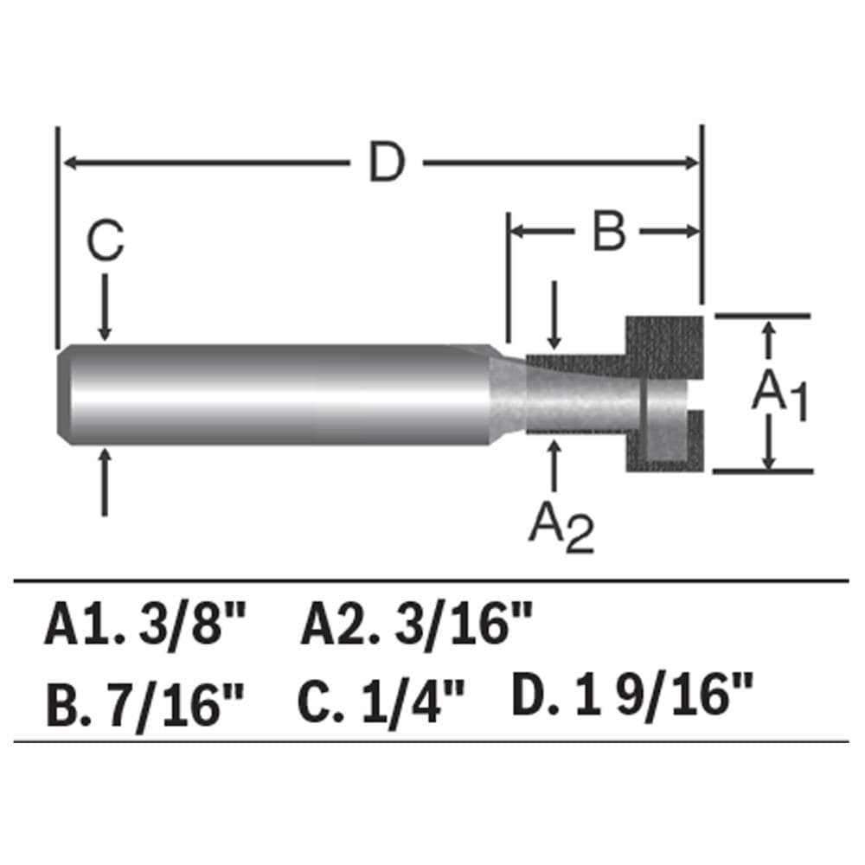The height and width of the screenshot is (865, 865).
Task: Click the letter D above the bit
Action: (386, 163)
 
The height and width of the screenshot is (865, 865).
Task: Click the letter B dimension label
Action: (608, 231)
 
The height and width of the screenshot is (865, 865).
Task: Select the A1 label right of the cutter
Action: (778, 394)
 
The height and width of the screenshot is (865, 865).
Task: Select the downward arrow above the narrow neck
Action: (554, 320)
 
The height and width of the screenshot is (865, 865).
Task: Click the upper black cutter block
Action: (664, 346)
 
